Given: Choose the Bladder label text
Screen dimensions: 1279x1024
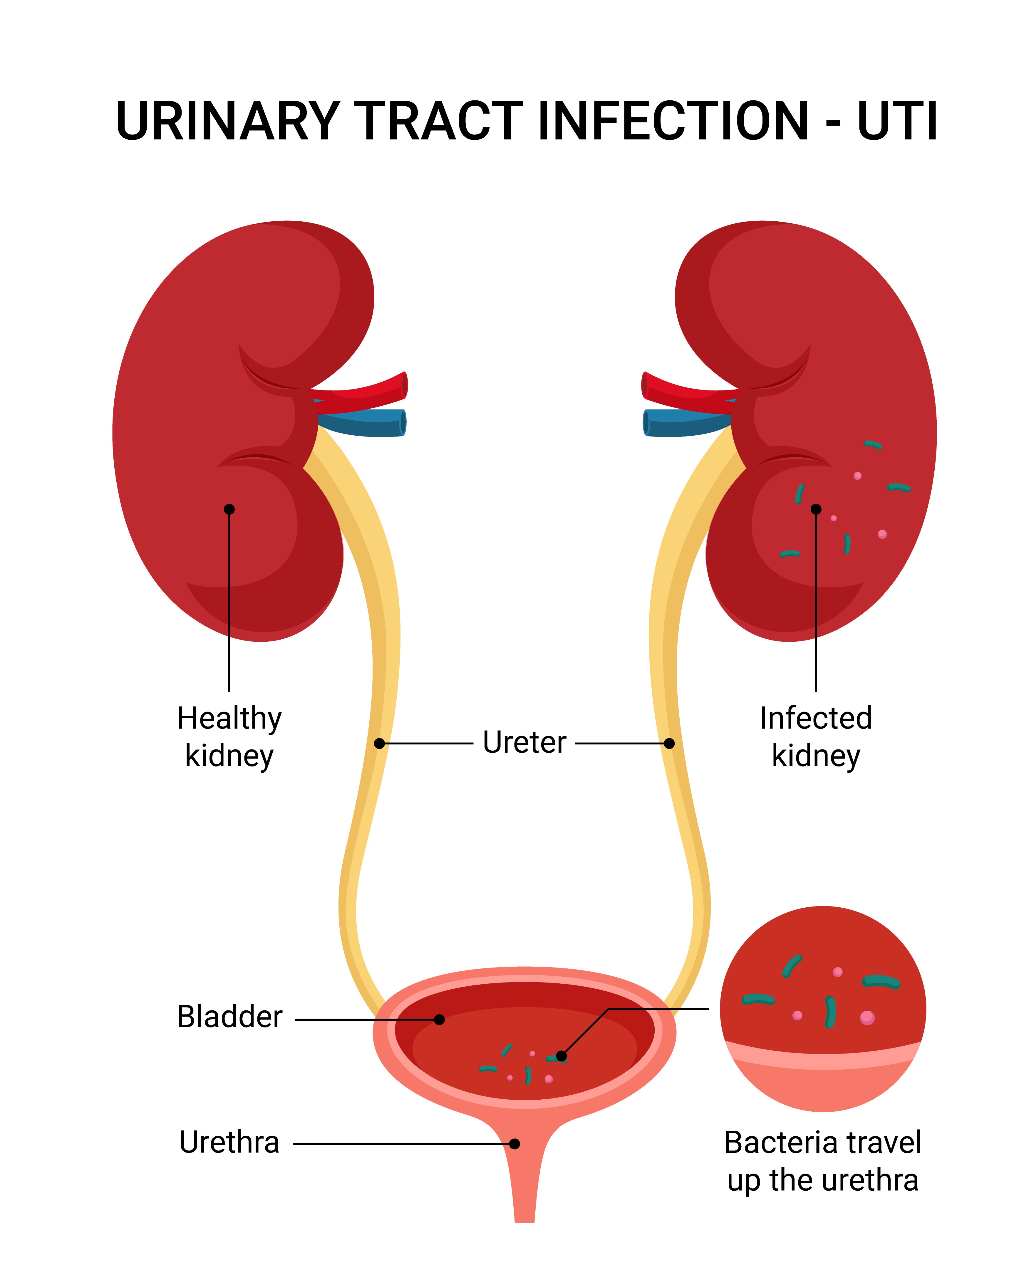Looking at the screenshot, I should click(230, 1017).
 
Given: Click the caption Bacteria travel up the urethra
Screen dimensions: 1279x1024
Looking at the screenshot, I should click(823, 1161).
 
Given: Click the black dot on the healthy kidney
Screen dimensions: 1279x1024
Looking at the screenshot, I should click(229, 509).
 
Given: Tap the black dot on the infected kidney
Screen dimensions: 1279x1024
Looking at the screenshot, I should click(816, 509).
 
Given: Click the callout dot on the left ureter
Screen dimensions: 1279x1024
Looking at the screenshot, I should click(379, 743).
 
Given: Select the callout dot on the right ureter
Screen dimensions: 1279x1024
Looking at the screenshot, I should click(669, 743).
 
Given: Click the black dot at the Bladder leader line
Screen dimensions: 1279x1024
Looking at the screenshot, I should click(439, 1019).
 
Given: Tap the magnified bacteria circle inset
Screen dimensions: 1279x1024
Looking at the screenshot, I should click(823, 1008).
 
